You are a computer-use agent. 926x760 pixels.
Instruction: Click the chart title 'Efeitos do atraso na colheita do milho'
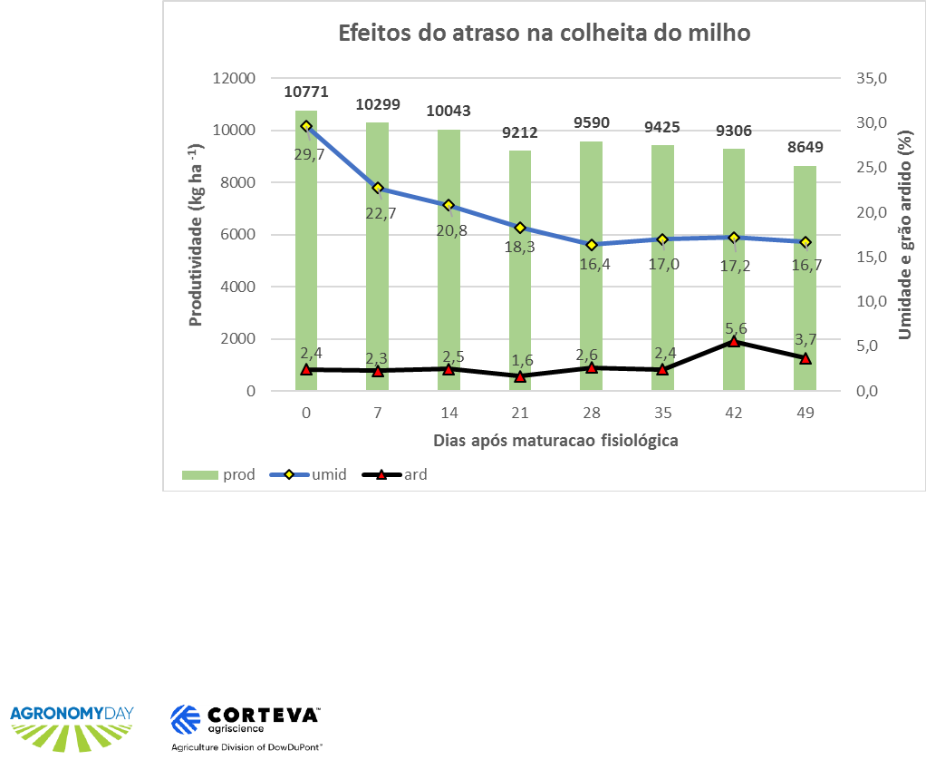pos(545,34)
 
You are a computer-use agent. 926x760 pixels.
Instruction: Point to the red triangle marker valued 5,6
pos(734,342)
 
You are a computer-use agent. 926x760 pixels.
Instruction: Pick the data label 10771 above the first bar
pos(305,92)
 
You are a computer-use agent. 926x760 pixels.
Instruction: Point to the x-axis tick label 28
pos(591,414)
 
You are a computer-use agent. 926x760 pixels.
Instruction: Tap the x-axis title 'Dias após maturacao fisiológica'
pos(555,441)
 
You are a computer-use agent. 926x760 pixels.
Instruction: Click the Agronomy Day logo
pos(71,723)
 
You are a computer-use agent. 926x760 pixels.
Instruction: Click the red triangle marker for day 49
pos(805,358)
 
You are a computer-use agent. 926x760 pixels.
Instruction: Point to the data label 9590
pos(591,122)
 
